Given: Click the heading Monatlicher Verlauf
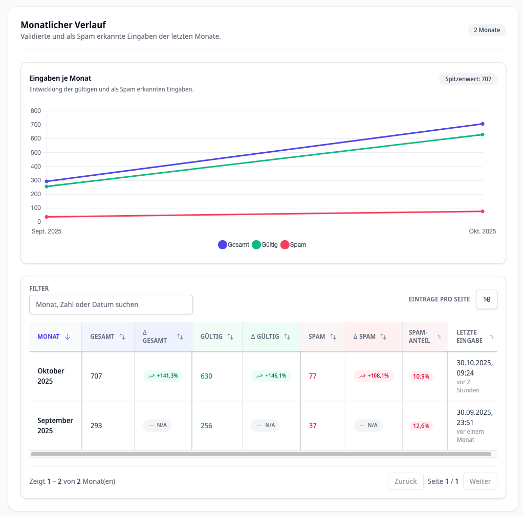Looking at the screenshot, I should pos(63,25).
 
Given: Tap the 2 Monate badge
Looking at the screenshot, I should pos(486,30).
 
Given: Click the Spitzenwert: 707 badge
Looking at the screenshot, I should pos(468,79).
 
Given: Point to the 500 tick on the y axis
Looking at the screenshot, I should pos(36,153).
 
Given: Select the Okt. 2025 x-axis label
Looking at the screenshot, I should pos(482,231).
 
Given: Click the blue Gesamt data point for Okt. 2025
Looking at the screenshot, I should pos(482,124).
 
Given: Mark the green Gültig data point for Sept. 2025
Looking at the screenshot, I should pos(47,186).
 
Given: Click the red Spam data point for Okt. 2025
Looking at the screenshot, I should pos(482,212).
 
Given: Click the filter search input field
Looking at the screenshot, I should pos(111,304).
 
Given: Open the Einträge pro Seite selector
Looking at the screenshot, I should pos(486,299).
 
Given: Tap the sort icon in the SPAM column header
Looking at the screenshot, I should pos(333,337).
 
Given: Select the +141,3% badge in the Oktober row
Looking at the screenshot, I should pos(163,376).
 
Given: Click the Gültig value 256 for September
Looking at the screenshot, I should pos(206,426).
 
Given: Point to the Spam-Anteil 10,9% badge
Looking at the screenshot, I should pos(421,377).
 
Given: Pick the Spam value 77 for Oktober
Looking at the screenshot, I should pos(313,376).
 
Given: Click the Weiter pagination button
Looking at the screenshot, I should pos(480,481).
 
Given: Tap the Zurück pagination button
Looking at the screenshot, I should pos(405,481).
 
